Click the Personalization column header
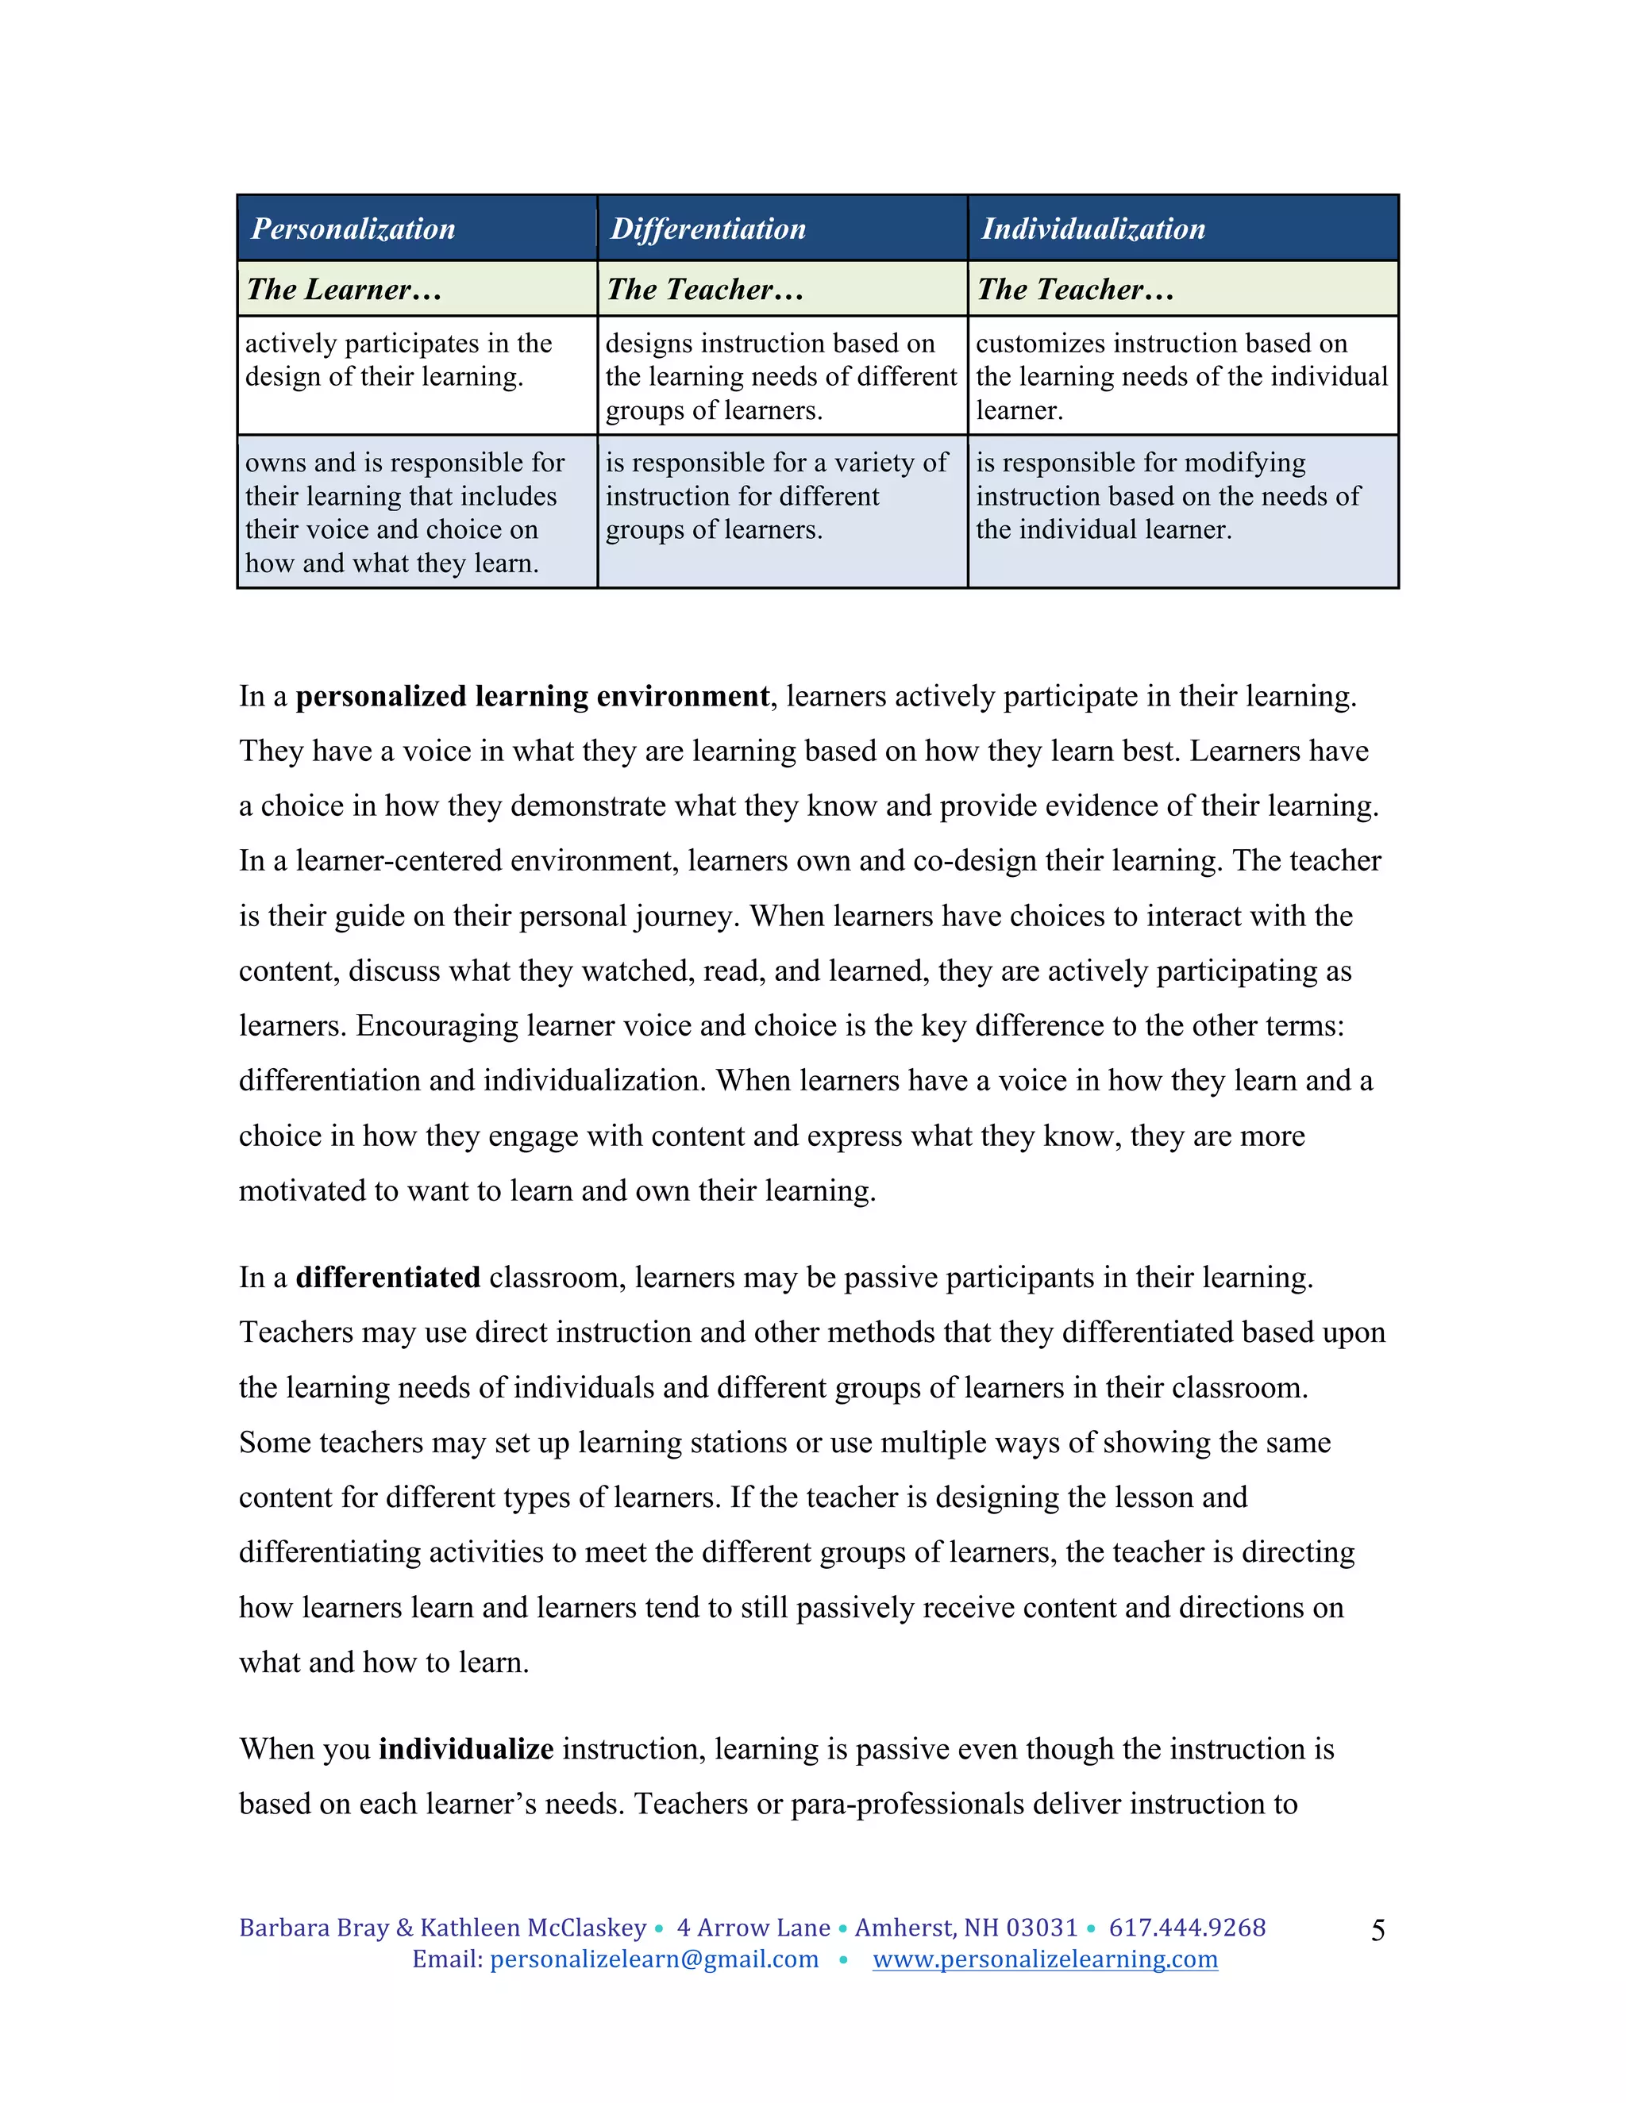click(353, 229)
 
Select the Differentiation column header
click(708, 229)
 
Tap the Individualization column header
click(1093, 229)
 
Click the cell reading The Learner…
click(344, 290)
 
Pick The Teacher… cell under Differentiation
click(705, 290)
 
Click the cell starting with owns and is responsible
click(405, 513)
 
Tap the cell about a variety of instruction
click(776, 496)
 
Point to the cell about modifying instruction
click(1166, 496)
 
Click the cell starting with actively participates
click(398, 360)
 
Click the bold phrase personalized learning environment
click(532, 696)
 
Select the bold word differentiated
click(387, 1278)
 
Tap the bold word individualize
click(465, 1748)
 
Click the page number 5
click(1377, 1930)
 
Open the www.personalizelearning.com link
click(1044, 1959)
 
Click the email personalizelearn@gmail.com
click(654, 1959)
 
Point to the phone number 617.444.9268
click(1187, 1928)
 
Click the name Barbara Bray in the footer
click(313, 1928)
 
